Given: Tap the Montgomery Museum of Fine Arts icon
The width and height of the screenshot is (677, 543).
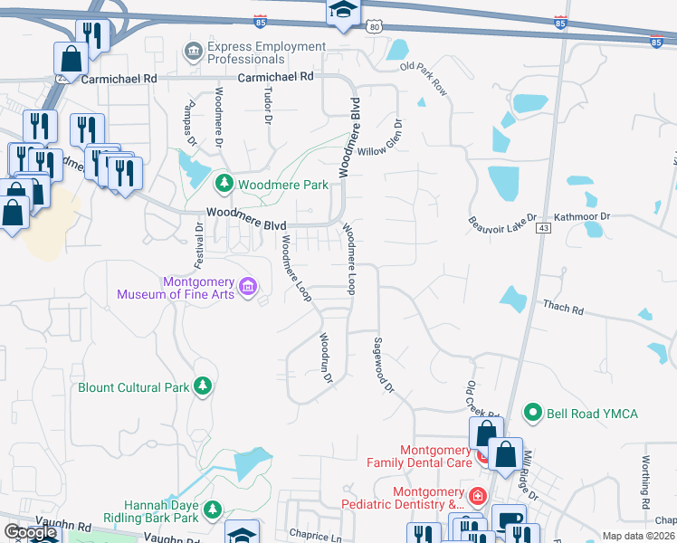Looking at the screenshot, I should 248,288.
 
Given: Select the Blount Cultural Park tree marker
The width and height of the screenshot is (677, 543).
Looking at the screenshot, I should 204,387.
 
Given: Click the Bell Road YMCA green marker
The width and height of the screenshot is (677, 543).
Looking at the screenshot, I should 533,414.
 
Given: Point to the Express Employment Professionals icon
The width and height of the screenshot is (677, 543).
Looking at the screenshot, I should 194,52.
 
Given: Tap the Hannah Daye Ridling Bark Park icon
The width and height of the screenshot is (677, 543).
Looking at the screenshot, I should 213,511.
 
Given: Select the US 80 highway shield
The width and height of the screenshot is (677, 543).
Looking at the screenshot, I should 374,27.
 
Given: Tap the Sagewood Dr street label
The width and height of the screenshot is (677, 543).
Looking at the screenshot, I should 384,365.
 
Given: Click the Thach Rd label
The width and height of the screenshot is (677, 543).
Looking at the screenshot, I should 563,309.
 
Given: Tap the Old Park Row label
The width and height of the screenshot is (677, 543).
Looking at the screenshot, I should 424,80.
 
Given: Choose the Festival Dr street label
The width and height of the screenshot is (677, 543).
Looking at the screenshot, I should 200,245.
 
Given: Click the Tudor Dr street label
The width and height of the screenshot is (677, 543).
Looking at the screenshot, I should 268,105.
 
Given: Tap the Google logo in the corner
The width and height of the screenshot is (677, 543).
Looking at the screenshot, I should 30,532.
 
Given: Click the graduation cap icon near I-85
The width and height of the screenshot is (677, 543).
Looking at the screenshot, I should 343,12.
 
